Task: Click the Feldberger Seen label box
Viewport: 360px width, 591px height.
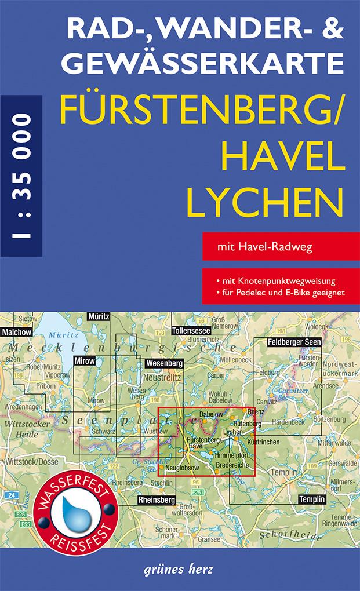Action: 294,342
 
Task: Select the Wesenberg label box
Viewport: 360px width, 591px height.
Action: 165,363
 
